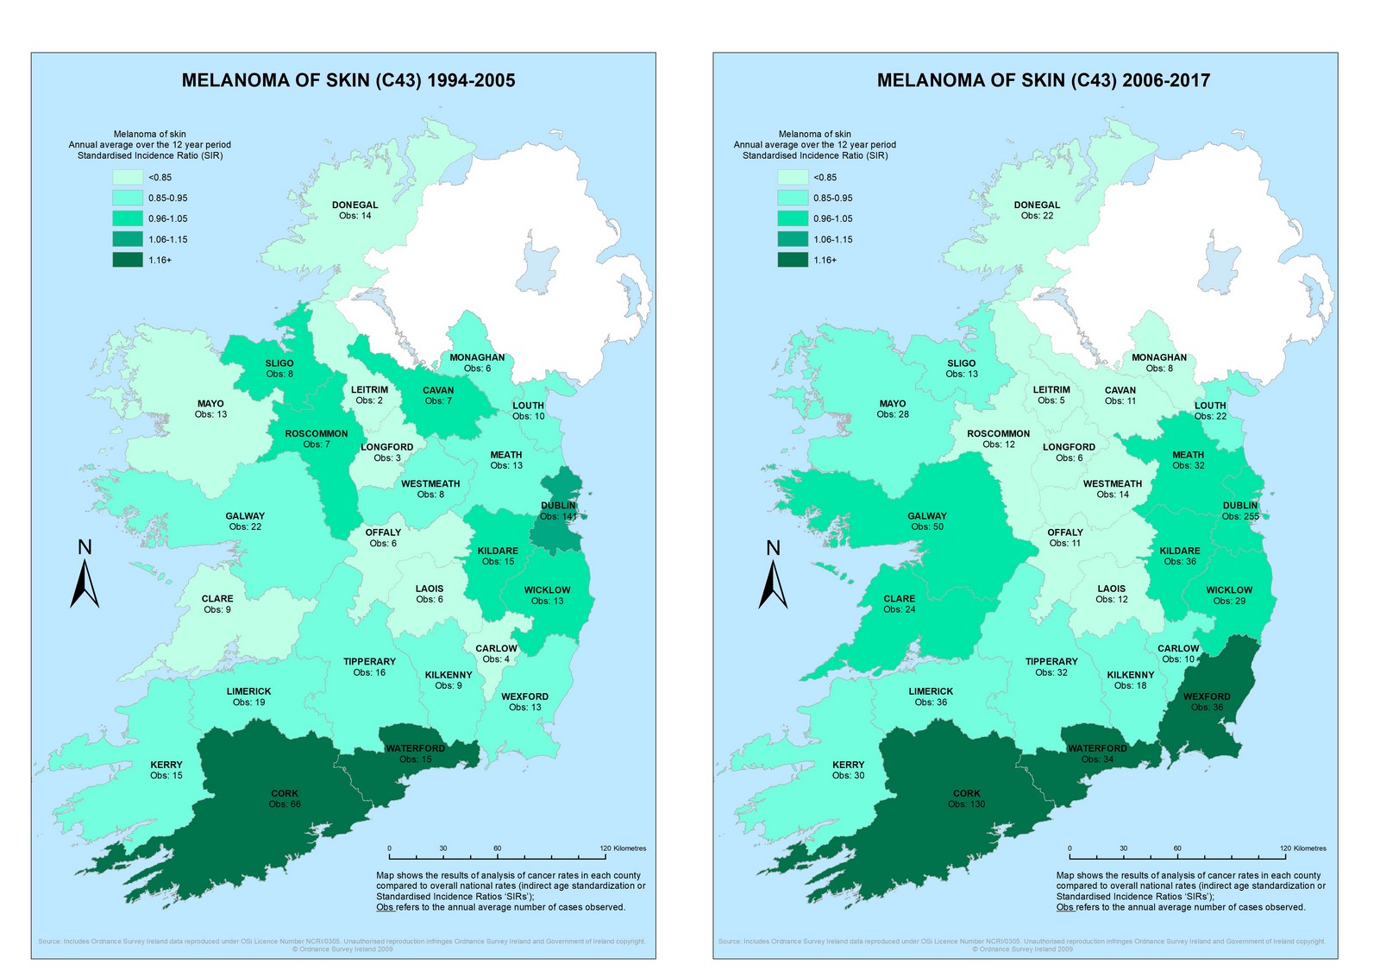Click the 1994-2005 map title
coord(348,80)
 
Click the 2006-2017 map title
coord(1044,80)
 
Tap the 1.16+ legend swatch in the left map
coord(127,260)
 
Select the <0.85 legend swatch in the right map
coord(792,177)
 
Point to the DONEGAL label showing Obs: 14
coord(354,210)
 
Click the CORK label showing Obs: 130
coord(966,798)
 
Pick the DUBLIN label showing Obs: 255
coord(1239,511)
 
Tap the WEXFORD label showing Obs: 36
coord(1206,702)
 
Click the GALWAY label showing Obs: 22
coord(245,521)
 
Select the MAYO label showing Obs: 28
coord(892,408)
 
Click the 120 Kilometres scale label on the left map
coord(623,848)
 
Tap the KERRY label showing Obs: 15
coord(166,770)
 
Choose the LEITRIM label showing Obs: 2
coord(369,394)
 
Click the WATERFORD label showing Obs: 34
coord(1097,753)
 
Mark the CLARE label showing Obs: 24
coord(899,603)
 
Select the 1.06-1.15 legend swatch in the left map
coord(127,239)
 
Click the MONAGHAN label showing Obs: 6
coord(477,362)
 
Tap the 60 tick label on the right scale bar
coord(1177,848)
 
